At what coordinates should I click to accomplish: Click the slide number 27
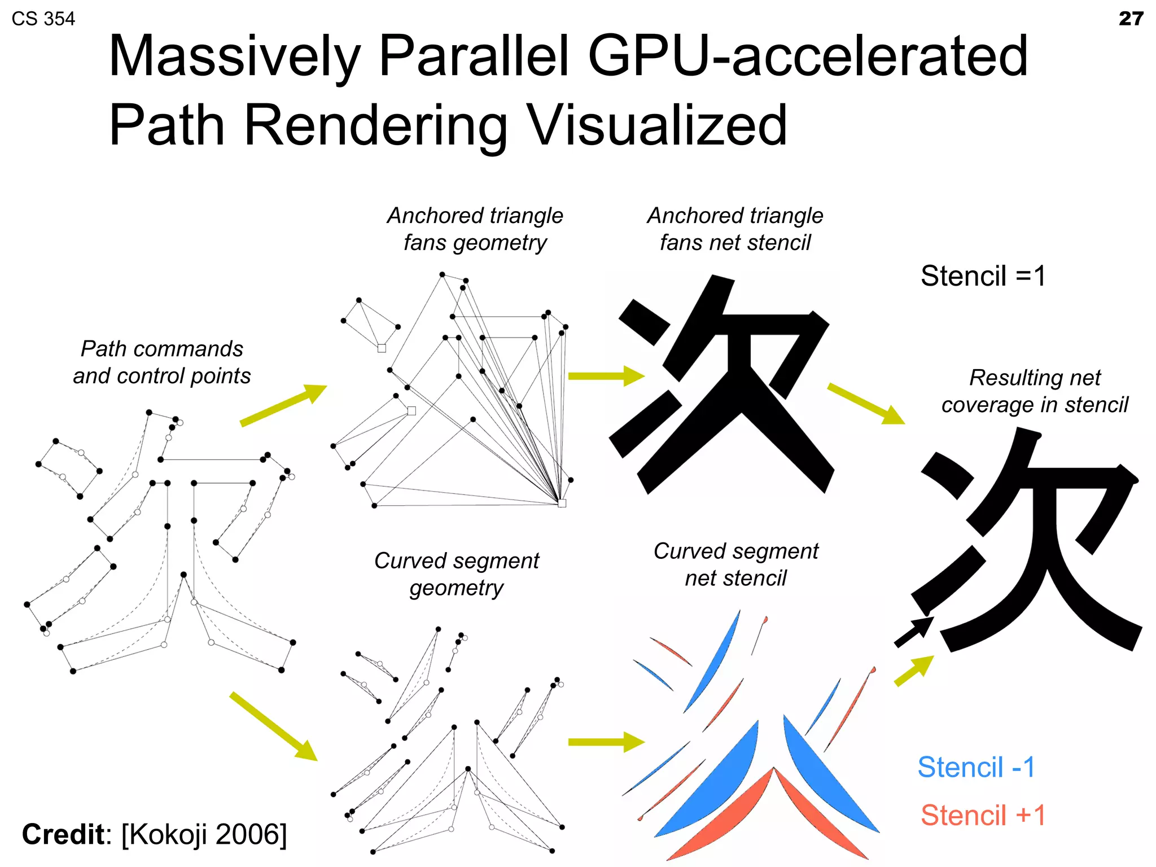pyautogui.click(x=1131, y=19)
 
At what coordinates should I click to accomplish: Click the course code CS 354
pyautogui.click(x=43, y=19)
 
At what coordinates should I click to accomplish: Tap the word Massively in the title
pyautogui.click(x=234, y=56)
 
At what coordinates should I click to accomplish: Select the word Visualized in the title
pyautogui.click(x=656, y=125)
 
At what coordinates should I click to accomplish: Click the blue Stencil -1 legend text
pyautogui.click(x=976, y=767)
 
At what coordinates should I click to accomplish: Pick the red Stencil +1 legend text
pyautogui.click(x=983, y=815)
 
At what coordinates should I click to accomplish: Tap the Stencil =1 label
pyautogui.click(x=983, y=276)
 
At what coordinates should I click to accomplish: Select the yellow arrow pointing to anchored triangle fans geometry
pyautogui.click(x=284, y=405)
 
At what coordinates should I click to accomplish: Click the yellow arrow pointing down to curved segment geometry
pyautogui.click(x=274, y=726)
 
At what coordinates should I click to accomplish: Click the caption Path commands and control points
pyautogui.click(x=161, y=362)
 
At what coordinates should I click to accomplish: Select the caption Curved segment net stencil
pyautogui.click(x=735, y=564)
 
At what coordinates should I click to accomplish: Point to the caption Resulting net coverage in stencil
pyautogui.click(x=1034, y=391)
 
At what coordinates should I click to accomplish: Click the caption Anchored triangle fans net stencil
pyautogui.click(x=735, y=229)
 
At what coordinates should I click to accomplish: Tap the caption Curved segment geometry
pyautogui.click(x=456, y=574)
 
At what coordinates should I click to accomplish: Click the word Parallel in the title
pyautogui.click(x=474, y=56)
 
